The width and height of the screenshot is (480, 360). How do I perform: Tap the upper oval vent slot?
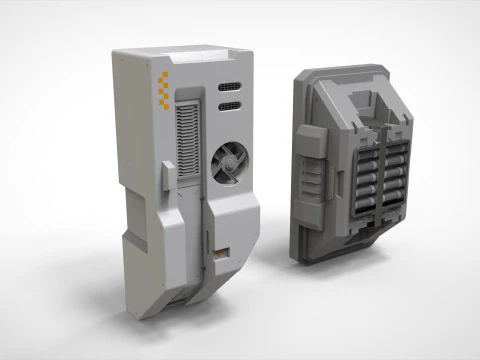click(229, 86)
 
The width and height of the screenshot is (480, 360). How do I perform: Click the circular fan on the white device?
click(232, 161)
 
